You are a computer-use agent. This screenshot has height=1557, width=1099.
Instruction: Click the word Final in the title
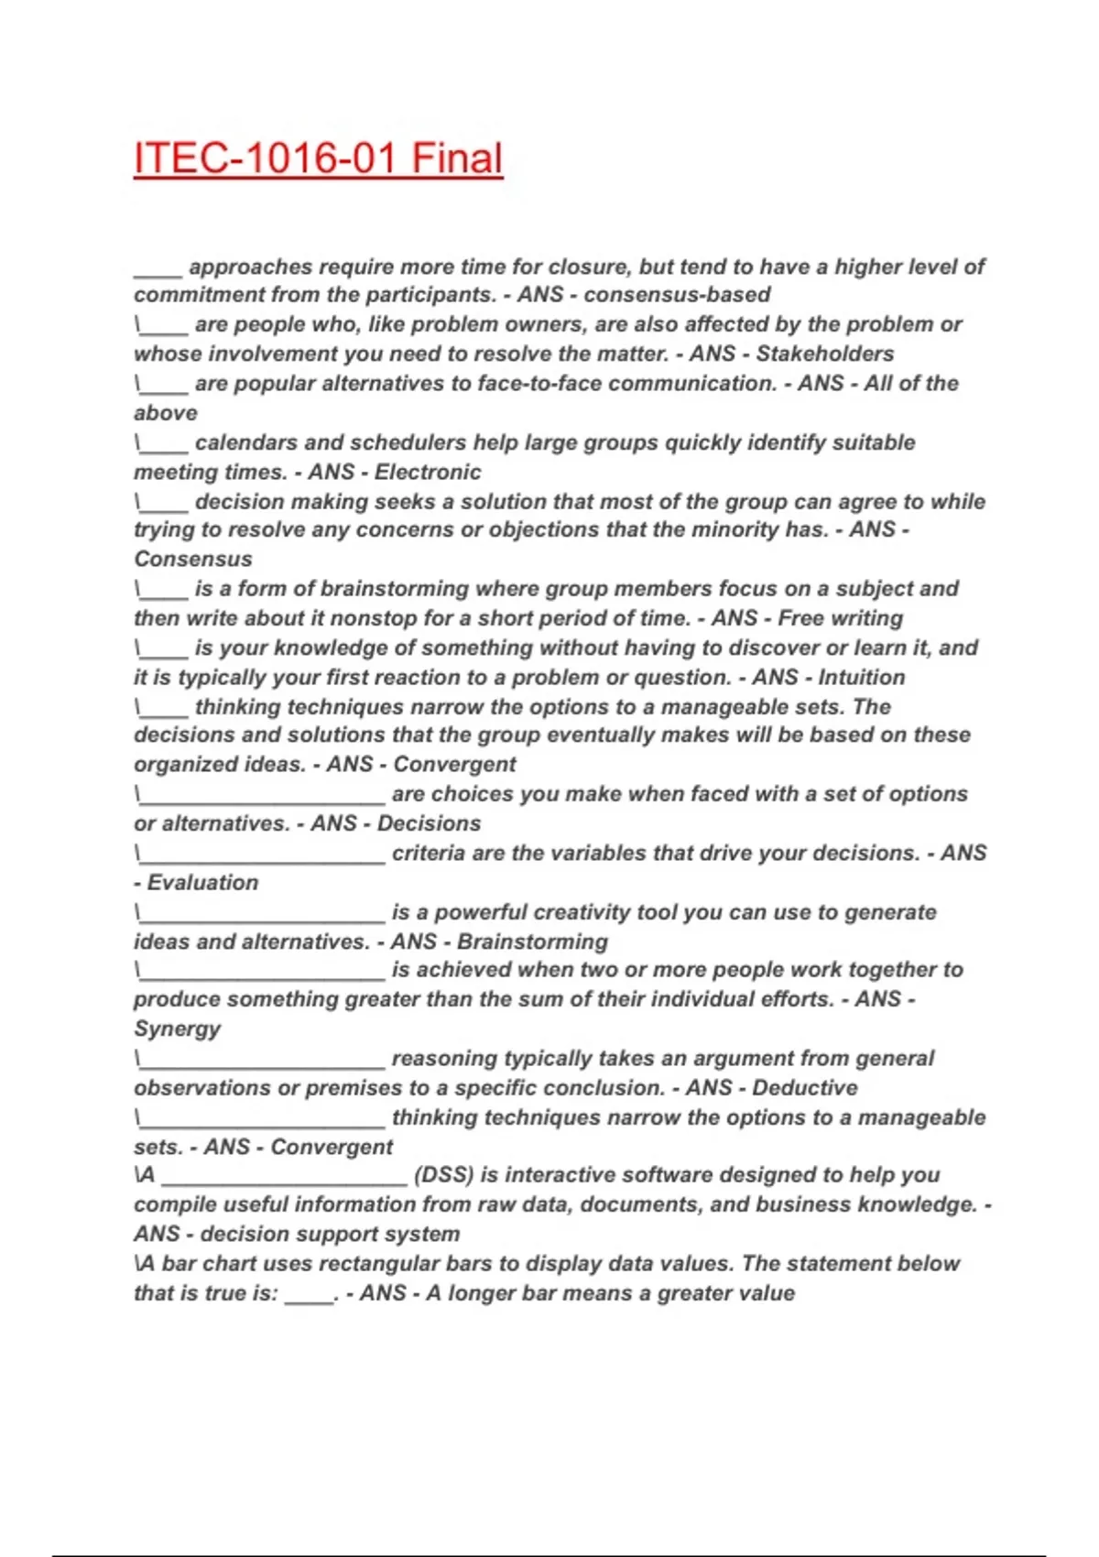(457, 158)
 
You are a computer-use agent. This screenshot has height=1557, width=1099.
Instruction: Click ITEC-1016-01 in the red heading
(265, 158)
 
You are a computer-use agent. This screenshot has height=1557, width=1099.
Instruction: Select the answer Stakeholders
(824, 354)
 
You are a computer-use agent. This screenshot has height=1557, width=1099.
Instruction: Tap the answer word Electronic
(428, 472)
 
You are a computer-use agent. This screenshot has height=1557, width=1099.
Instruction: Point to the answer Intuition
(861, 677)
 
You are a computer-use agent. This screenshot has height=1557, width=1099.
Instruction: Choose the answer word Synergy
(177, 1029)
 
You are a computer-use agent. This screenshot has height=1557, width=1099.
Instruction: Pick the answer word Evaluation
(202, 882)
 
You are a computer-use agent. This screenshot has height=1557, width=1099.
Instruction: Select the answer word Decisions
(429, 823)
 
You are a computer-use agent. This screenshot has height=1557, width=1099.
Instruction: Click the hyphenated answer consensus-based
(677, 295)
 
